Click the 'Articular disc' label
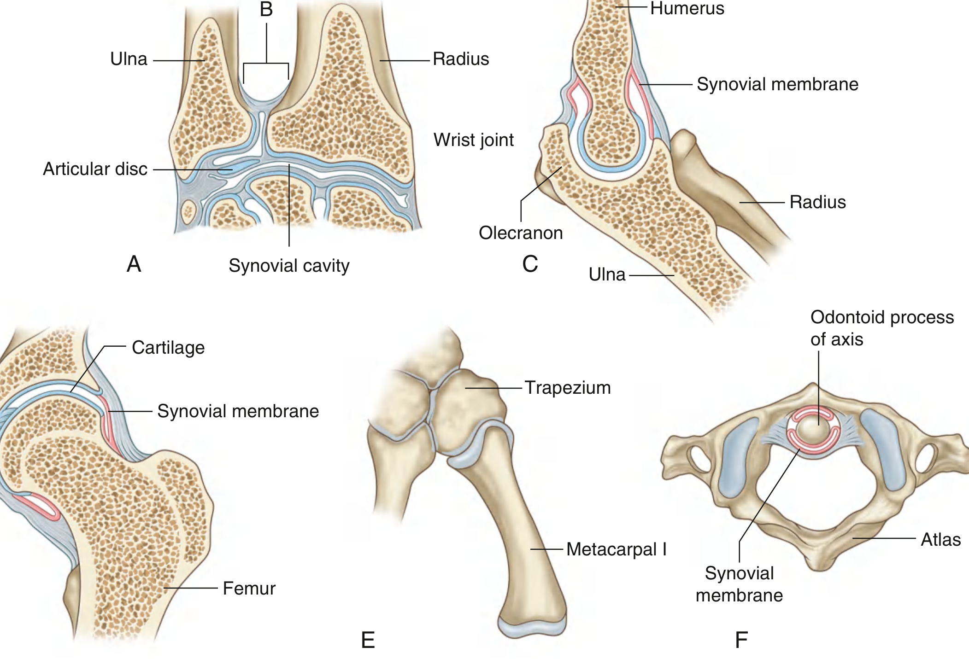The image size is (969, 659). tap(95, 169)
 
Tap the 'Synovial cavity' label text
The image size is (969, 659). tap(289, 266)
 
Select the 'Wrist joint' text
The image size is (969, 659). tap(473, 140)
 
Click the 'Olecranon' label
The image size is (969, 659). tap(521, 233)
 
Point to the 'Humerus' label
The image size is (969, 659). tap(687, 8)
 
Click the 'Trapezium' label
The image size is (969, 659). tap(568, 388)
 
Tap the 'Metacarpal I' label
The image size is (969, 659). tap(616, 549)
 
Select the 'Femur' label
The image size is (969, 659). tap(249, 588)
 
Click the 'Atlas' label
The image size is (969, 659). tap(940, 539)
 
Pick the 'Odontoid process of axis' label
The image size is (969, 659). tap(881, 328)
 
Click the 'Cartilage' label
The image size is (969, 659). tap(168, 348)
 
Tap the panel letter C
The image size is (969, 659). tap(530, 264)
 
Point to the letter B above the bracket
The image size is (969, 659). tap(266, 9)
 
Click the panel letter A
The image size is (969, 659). tap(134, 264)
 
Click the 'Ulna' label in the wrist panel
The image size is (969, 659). tap(129, 59)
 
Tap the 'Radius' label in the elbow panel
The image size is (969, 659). tap(817, 202)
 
